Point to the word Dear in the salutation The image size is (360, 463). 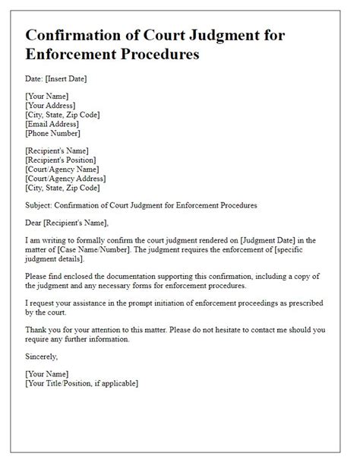(35, 222)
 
